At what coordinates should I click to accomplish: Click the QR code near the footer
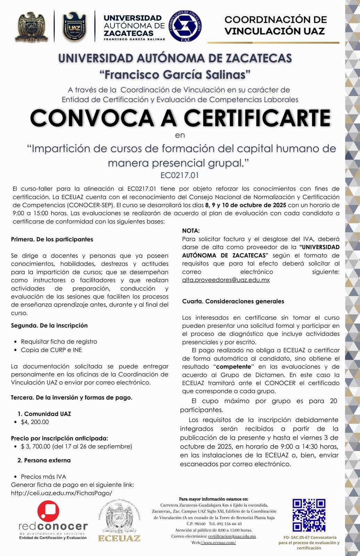(x=309, y=515)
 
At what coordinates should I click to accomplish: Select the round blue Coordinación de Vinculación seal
(x=185, y=26)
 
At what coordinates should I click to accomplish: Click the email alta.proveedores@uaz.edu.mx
(x=226, y=280)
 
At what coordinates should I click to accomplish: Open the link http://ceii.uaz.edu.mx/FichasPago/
(x=62, y=493)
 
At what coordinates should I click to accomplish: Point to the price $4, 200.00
(x=35, y=422)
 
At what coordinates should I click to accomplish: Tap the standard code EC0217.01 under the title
(x=180, y=175)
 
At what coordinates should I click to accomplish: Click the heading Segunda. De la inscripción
(x=49, y=326)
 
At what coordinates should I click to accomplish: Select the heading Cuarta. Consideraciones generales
(x=233, y=301)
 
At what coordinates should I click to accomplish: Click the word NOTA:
(x=191, y=231)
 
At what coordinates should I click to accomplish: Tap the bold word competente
(x=234, y=367)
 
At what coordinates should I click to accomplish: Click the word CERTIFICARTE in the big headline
(x=257, y=118)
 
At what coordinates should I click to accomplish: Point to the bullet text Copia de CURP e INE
(x=51, y=350)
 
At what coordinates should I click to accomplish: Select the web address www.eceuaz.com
(x=219, y=542)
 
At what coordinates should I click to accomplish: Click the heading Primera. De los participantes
(x=52, y=239)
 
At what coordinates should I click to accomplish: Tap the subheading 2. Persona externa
(x=44, y=460)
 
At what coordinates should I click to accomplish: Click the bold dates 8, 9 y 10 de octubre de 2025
(x=246, y=205)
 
